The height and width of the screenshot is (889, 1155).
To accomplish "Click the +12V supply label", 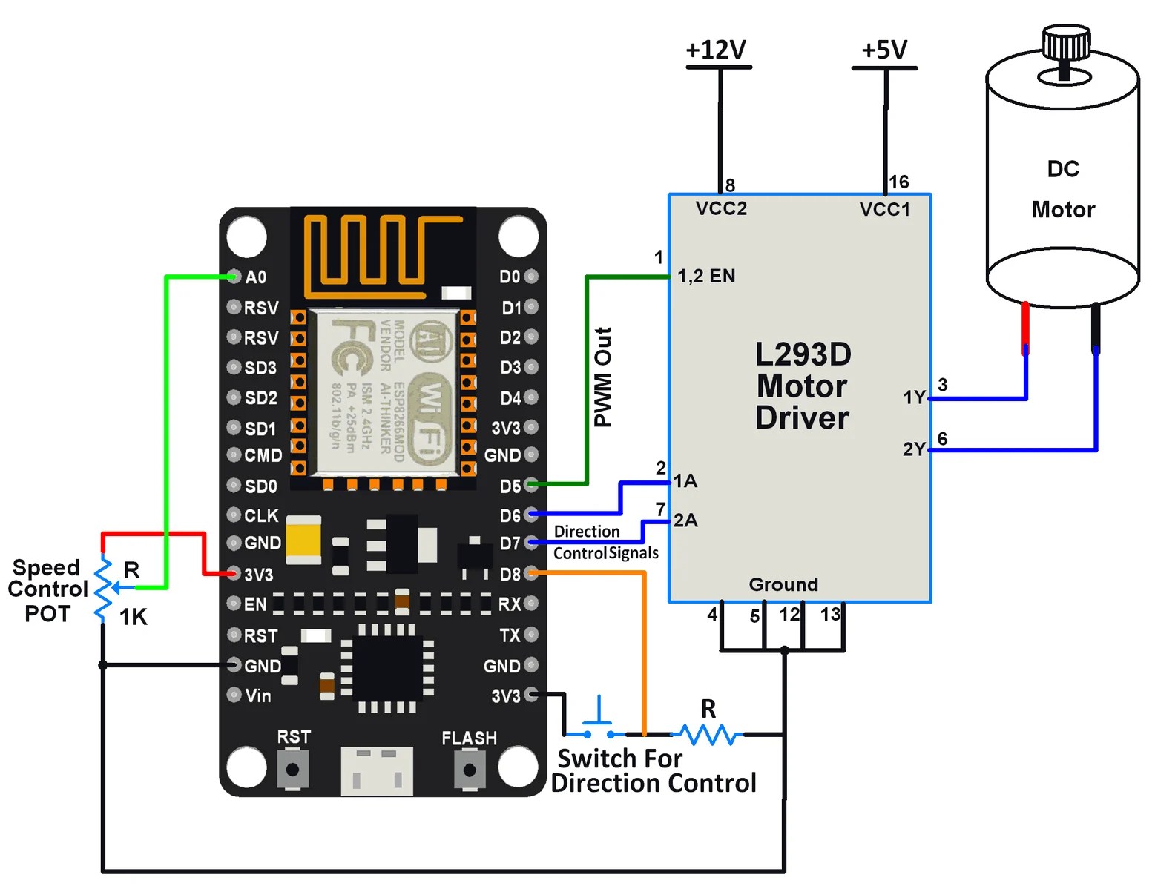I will pyautogui.click(x=716, y=50).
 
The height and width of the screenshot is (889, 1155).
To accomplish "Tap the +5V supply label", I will pyautogui.click(x=883, y=50).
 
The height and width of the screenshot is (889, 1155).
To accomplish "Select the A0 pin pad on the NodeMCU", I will pyautogui.click(x=234, y=277).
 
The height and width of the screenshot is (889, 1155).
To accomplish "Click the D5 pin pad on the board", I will pyautogui.click(x=531, y=486).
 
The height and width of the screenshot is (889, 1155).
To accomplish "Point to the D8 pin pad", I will pyautogui.click(x=531, y=574).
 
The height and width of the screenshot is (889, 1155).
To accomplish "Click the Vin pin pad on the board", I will pyautogui.click(x=234, y=695).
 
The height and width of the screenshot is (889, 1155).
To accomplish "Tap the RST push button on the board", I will pyautogui.click(x=292, y=770).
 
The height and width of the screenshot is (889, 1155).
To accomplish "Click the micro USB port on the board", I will pyautogui.click(x=377, y=771).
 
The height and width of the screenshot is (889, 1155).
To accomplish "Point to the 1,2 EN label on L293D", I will pyautogui.click(x=706, y=277).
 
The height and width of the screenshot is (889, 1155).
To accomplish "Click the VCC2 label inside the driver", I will pyautogui.click(x=721, y=209).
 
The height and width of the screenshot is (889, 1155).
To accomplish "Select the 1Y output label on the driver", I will pyautogui.click(x=914, y=398).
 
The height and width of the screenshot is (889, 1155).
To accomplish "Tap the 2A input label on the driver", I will pyautogui.click(x=685, y=520).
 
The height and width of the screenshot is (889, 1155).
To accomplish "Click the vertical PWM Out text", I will pyautogui.click(x=603, y=377).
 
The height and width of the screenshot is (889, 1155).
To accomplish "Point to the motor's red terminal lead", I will pyautogui.click(x=1025, y=326).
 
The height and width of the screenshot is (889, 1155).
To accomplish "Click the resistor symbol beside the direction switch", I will pyautogui.click(x=708, y=734).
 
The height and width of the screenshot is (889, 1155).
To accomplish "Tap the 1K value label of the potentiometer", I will pyautogui.click(x=134, y=617).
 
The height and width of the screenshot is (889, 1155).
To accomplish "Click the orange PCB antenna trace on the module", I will pyautogui.click(x=371, y=249).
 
